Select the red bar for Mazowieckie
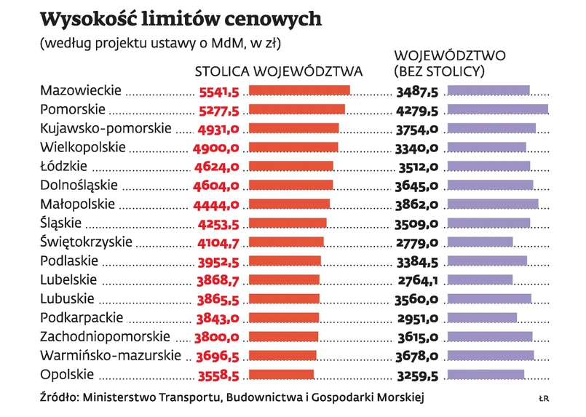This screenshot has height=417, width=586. (x=299, y=90)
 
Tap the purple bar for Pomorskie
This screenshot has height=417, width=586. (x=497, y=109)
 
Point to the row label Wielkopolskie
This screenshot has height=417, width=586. (x=83, y=147)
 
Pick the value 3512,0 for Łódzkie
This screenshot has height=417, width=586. (x=417, y=166)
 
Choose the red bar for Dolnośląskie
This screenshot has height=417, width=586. (x=291, y=185)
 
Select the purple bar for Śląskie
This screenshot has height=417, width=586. (x=488, y=223)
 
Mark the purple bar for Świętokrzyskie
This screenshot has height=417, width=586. (x=480, y=242)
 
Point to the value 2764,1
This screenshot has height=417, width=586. (x=417, y=279)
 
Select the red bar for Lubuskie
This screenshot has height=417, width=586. (x=285, y=298)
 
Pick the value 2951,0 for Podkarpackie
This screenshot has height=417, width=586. (x=417, y=317)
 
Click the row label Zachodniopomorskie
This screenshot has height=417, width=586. (x=105, y=336)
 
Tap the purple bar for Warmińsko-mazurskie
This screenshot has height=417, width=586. (x=490, y=355)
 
